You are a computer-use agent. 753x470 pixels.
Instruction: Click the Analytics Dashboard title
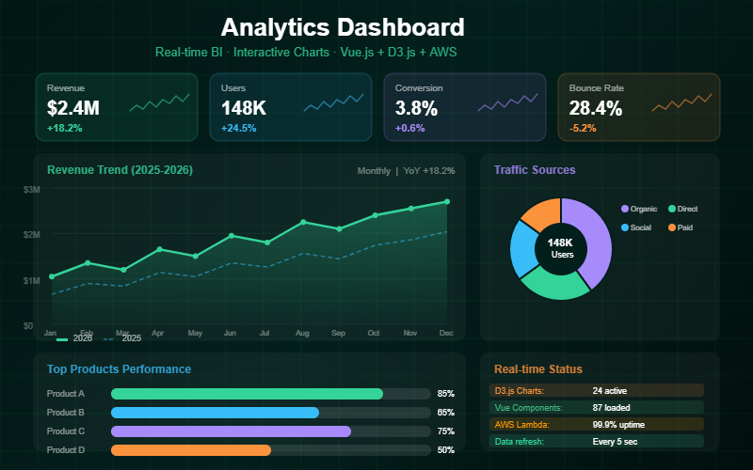(x=343, y=27)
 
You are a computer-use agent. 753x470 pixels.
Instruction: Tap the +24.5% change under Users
(x=238, y=128)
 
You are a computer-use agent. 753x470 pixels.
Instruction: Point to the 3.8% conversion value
(x=416, y=108)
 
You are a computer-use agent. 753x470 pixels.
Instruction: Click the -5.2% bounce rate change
(x=583, y=128)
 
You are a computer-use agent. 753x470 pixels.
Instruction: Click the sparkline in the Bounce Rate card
(x=682, y=101)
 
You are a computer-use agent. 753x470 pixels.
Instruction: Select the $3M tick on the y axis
(x=31, y=190)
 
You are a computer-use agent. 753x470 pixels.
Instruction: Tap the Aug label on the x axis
(x=302, y=333)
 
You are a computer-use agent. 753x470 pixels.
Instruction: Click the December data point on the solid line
(x=447, y=201)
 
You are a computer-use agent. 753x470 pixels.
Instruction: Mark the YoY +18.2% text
(x=429, y=171)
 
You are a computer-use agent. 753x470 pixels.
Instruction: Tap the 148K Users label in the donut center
(x=561, y=248)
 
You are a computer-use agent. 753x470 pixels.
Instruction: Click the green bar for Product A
(x=247, y=394)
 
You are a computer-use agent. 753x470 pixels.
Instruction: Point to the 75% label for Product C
(x=445, y=431)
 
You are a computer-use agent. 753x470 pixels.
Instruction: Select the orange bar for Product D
(x=191, y=450)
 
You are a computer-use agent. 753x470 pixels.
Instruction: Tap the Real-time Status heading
(x=537, y=369)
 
